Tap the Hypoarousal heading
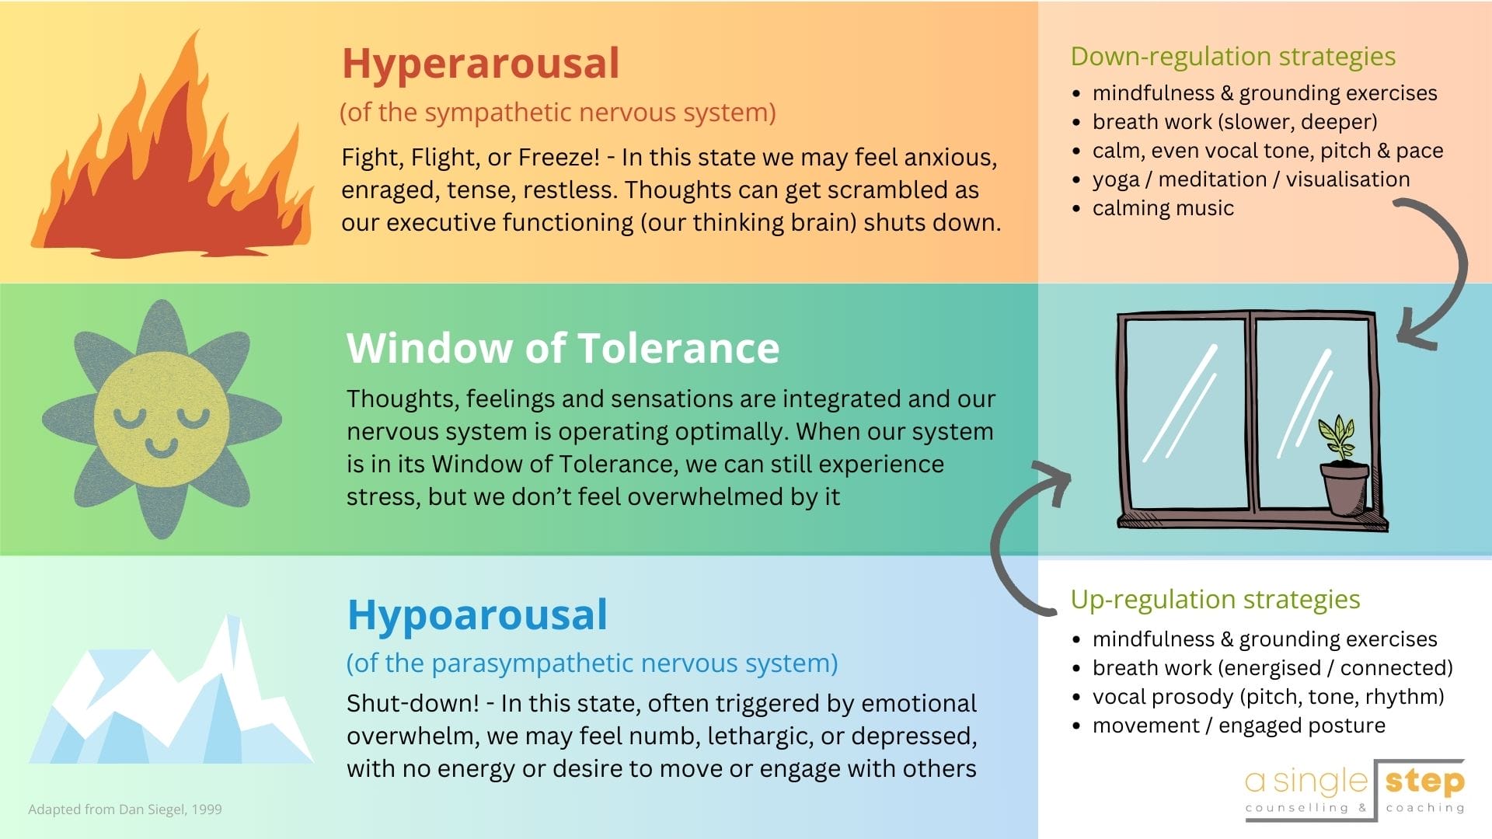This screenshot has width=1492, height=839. pos(477,615)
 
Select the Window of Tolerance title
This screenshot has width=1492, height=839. pos(563,347)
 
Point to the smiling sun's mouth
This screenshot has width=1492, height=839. pos(162,447)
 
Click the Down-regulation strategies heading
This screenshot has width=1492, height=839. pos(1233,57)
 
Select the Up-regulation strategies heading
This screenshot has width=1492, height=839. pos(1215,600)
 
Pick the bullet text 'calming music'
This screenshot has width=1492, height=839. pos(1163,208)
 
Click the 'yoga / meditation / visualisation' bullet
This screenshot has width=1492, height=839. pos(1250,179)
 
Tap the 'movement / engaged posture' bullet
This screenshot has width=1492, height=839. pos(1239,726)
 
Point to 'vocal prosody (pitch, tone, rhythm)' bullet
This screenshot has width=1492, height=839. pos(1268,697)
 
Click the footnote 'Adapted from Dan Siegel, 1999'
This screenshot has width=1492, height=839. pos(125,809)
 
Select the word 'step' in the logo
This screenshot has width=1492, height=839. pos(1425,782)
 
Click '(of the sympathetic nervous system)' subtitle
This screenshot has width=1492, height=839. pos(558,113)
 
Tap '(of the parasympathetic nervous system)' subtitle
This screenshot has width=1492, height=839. pos(592,663)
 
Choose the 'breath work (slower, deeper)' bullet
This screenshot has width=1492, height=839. pos(1235,122)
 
